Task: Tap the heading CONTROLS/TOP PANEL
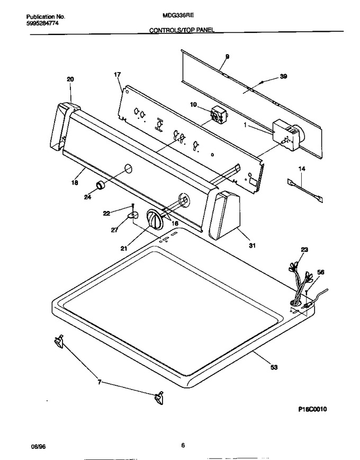[182, 30]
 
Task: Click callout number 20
[70, 79]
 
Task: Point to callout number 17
[117, 75]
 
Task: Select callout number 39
[283, 76]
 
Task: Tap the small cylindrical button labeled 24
[101, 185]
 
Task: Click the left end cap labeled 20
[65, 126]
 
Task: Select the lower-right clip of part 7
[159, 398]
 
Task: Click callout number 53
[274, 367]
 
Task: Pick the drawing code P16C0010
[312, 409]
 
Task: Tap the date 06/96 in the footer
[39, 447]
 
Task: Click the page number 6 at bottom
[183, 446]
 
